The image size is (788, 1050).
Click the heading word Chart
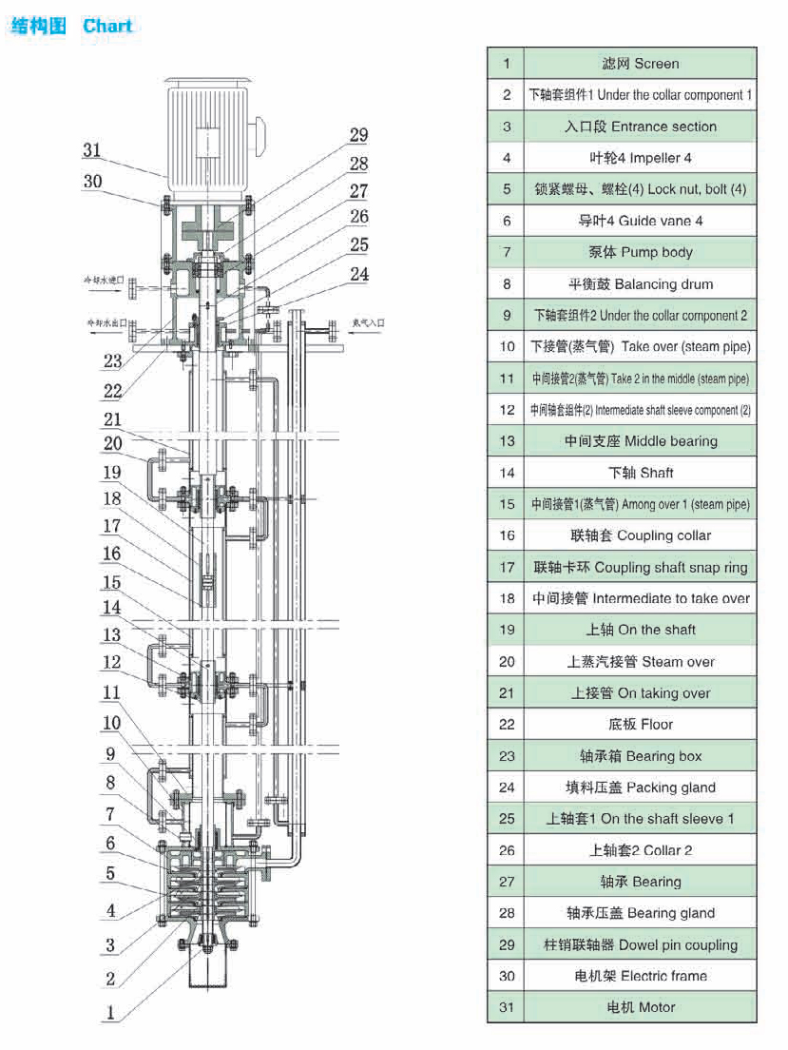coord(107,26)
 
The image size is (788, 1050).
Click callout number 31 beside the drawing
coord(91,150)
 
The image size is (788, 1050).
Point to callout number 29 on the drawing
coord(358,135)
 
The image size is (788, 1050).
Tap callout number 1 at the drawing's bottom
coord(110,1014)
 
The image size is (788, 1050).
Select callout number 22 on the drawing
coord(113,390)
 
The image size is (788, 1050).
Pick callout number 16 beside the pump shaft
coord(112,554)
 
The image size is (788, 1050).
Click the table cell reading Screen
coord(640,64)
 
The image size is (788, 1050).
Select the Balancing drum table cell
coord(640,283)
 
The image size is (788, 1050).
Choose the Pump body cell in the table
coord(640,252)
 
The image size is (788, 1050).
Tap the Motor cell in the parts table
coord(640,1007)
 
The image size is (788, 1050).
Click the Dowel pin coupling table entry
coord(640,944)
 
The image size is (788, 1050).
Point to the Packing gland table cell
coord(640,787)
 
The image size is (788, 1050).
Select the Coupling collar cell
coord(640,535)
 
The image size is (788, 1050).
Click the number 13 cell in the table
coord(507,441)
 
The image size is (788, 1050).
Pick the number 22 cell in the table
coord(507,725)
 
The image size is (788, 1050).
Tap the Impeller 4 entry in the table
coord(640,158)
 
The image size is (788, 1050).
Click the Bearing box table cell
coord(640,756)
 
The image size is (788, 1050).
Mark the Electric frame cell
coord(640,976)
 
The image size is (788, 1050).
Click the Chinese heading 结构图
coord(39,26)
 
